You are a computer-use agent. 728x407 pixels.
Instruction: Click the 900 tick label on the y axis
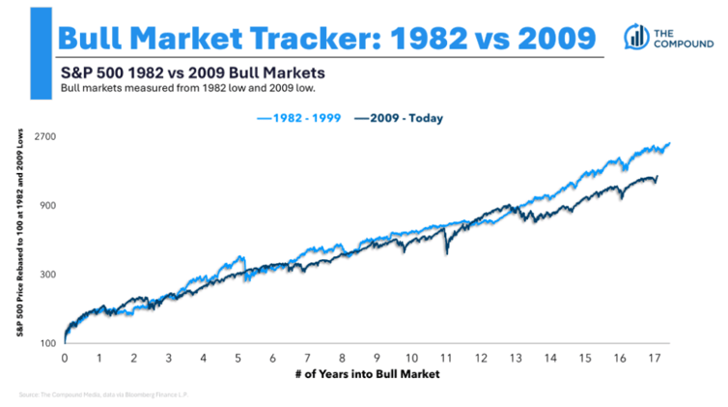pyautogui.click(x=49, y=206)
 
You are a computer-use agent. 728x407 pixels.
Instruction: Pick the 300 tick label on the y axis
pyautogui.click(x=49, y=275)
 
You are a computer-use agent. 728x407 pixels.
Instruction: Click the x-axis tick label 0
pyautogui.click(x=64, y=358)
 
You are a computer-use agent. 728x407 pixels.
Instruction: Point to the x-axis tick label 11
pyautogui.click(x=447, y=358)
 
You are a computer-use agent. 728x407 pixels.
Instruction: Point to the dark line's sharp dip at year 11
pyautogui.click(x=446, y=253)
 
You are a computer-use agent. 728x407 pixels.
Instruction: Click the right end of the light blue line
pyautogui.click(x=668, y=144)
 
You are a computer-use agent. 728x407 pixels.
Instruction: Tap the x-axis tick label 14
pyautogui.click(x=551, y=358)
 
